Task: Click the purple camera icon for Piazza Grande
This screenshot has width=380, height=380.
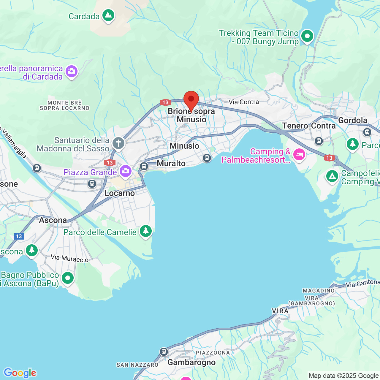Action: click(x=125, y=171)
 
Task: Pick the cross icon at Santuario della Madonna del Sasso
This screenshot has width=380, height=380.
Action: click(x=118, y=144)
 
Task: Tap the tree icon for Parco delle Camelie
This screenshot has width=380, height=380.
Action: click(x=145, y=231)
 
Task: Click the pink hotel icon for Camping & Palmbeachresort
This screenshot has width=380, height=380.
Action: click(x=299, y=155)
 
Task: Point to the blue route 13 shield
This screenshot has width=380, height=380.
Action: click(x=19, y=236)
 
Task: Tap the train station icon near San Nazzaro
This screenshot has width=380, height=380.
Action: click(x=164, y=352)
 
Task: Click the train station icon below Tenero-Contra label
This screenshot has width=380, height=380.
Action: click(x=319, y=141)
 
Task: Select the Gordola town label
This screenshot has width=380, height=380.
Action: click(x=353, y=120)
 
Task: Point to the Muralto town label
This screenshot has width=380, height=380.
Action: click(x=171, y=163)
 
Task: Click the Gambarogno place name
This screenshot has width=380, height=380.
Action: click(x=191, y=362)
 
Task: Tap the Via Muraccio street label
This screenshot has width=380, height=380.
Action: click(x=69, y=258)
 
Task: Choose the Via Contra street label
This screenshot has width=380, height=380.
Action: click(x=243, y=102)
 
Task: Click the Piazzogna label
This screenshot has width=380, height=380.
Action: click(x=213, y=353)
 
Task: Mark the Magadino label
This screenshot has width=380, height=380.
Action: click(x=319, y=291)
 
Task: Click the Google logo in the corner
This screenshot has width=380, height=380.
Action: click(x=20, y=373)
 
